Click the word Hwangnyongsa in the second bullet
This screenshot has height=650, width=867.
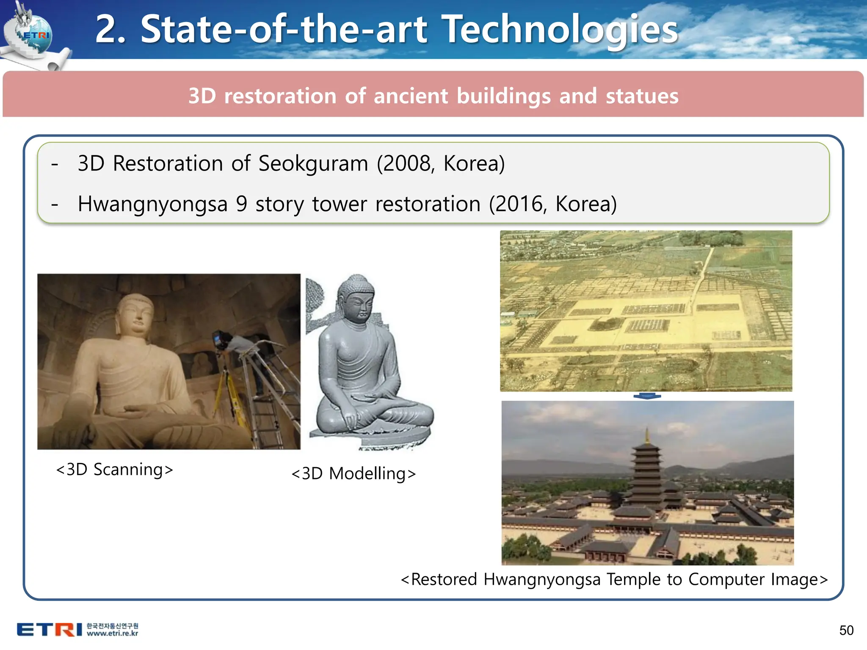click(152, 204)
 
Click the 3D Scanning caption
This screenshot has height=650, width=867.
click(114, 470)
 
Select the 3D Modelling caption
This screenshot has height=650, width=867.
click(353, 474)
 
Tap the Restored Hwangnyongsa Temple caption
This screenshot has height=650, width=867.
click(614, 579)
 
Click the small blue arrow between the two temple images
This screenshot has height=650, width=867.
click(647, 397)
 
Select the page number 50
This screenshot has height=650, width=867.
click(846, 631)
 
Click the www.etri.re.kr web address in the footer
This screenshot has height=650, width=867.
click(112, 634)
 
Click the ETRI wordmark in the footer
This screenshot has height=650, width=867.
click(49, 630)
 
